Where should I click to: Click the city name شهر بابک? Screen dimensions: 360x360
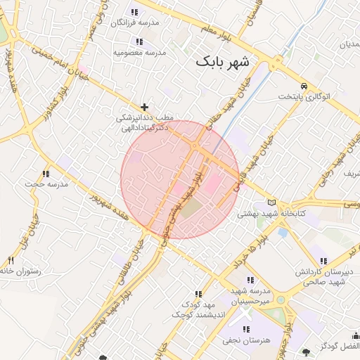(x=223, y=61)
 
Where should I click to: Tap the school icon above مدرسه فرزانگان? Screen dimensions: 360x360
(x=134, y=12)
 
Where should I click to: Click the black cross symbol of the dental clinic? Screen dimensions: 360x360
(x=145, y=108)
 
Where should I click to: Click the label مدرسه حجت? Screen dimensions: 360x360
(x=46, y=184)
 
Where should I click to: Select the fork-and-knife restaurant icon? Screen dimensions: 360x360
(x=11, y=261)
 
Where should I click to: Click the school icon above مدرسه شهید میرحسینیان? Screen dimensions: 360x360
(x=250, y=280)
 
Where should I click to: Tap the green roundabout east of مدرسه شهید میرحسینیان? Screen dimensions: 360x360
(x=282, y=300)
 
